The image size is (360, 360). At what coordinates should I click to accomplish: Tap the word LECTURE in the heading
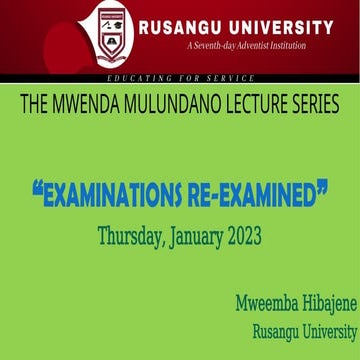point(262,105)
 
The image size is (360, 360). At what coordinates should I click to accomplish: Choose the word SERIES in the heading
point(320,105)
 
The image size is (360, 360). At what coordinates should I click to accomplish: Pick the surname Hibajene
point(322,276)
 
